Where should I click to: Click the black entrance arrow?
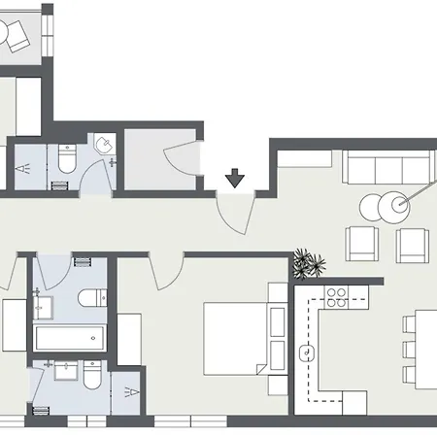click(234, 179)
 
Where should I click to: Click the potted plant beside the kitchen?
click(310, 262)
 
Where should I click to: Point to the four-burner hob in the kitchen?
click(337, 295)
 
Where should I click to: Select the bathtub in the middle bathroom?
click(69, 339)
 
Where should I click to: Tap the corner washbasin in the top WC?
click(104, 146)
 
